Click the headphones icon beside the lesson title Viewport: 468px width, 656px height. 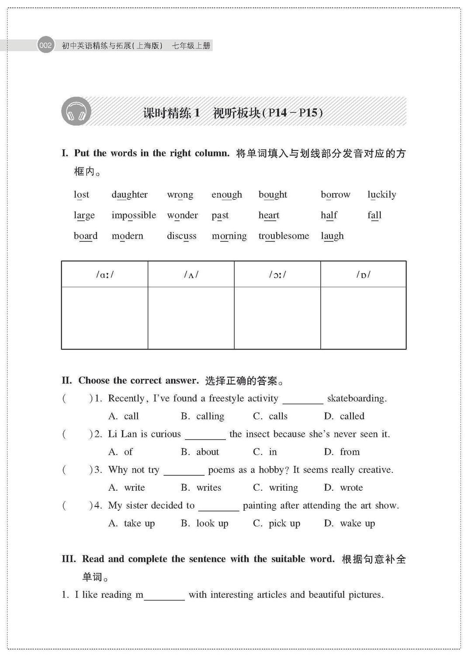76,112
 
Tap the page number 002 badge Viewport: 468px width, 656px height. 45,45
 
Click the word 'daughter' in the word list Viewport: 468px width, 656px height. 129,195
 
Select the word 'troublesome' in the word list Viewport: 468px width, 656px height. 284,236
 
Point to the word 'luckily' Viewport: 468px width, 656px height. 381,195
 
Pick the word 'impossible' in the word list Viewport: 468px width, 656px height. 134,215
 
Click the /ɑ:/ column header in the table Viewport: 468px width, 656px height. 105,275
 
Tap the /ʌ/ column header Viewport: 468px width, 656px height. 191,275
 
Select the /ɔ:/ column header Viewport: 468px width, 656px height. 277,275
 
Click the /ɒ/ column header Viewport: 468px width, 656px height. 363,275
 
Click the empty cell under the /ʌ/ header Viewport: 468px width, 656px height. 191,318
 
